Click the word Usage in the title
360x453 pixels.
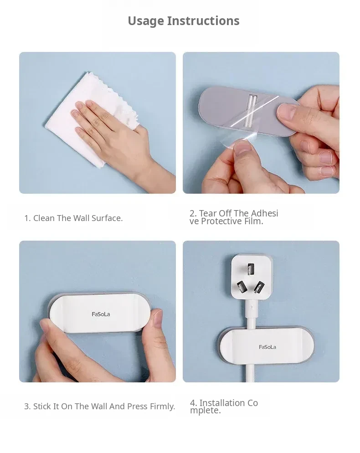point(146,21)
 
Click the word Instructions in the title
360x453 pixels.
point(203,21)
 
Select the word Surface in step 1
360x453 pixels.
point(107,218)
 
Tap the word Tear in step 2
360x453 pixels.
point(208,213)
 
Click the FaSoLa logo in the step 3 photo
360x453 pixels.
point(101,314)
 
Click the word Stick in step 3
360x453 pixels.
point(42,406)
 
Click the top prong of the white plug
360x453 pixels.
point(251,269)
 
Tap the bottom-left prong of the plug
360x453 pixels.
point(242,287)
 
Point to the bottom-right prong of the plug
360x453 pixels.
point(259,287)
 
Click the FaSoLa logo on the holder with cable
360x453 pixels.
point(267,347)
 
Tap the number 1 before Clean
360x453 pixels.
point(27,218)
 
